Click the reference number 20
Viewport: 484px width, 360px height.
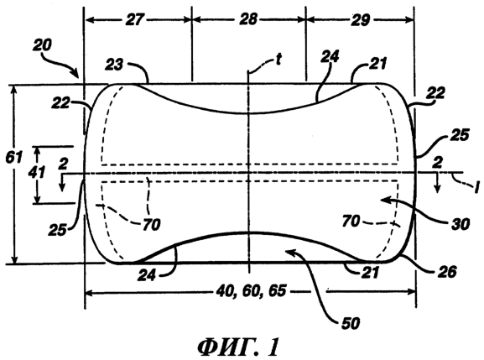click(42, 45)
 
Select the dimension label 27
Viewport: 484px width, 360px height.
click(134, 20)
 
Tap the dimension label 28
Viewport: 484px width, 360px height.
click(248, 19)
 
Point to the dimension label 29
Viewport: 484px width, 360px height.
click(360, 20)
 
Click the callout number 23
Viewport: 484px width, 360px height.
click(114, 65)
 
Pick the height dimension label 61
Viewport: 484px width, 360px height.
click(14, 158)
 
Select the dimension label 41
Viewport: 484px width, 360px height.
click(37, 172)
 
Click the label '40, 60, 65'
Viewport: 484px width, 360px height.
click(251, 291)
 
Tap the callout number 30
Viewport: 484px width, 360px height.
click(460, 224)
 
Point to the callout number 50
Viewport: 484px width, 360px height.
click(351, 323)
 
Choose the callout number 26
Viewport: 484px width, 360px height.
click(447, 272)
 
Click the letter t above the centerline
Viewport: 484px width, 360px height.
click(278, 60)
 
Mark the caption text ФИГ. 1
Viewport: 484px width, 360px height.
click(238, 347)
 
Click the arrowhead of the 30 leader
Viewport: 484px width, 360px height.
click(383, 200)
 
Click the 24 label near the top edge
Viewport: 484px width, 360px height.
click(330, 57)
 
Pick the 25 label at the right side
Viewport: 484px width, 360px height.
click(460, 135)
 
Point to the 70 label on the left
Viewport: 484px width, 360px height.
click(151, 224)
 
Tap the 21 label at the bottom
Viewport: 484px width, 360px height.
click(369, 273)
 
